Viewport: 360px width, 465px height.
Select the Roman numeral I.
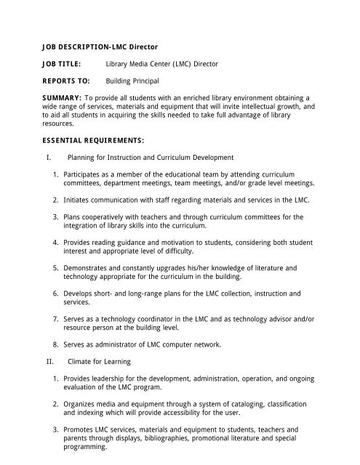click(x=47, y=157)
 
